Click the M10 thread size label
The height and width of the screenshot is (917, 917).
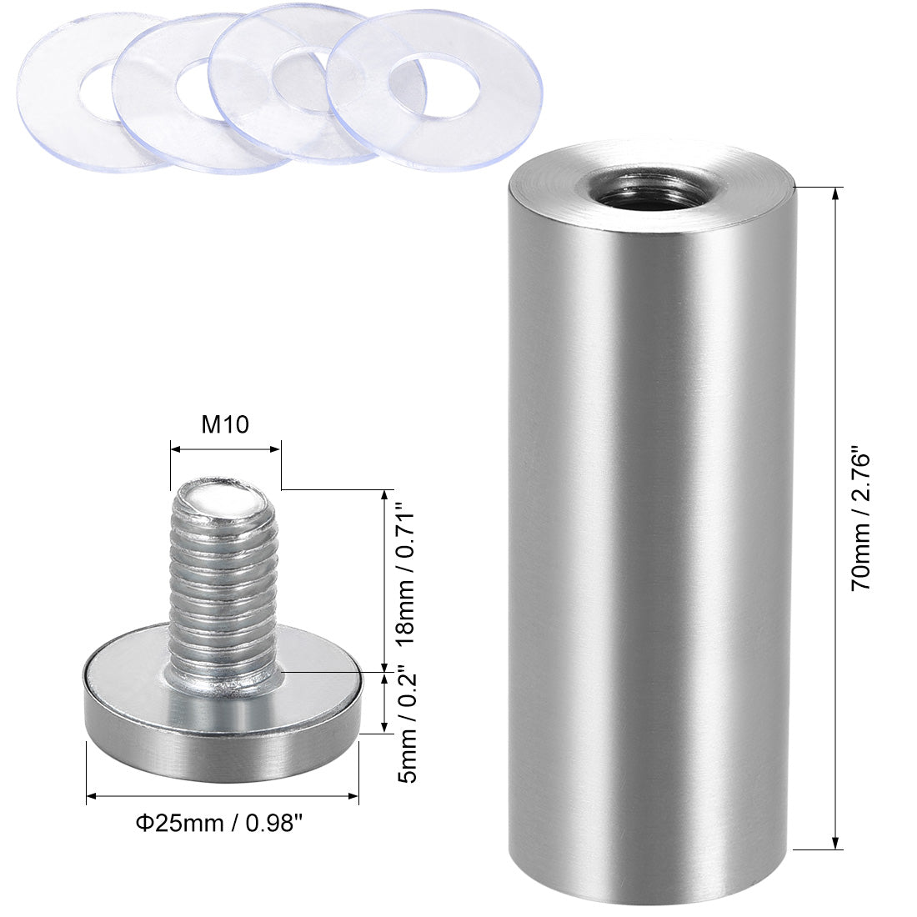point(225,425)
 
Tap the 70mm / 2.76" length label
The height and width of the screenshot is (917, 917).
point(860,521)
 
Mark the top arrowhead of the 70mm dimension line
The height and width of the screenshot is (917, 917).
point(834,193)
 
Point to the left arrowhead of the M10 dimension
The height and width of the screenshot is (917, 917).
point(175,449)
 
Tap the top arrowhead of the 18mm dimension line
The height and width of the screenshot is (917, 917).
point(383,493)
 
